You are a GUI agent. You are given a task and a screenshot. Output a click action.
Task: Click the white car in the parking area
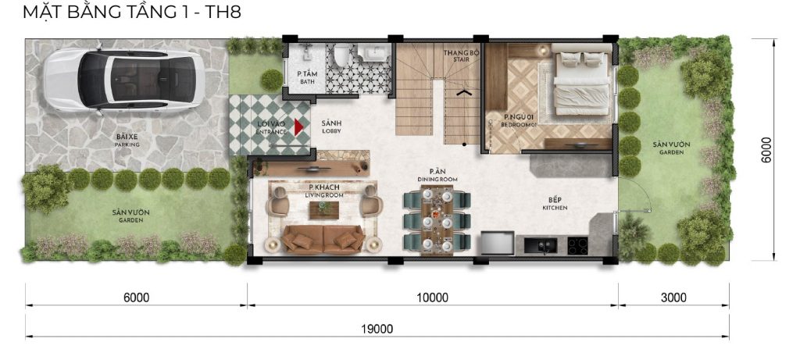(x=124, y=80)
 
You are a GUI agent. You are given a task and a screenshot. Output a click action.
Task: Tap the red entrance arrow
(x=299, y=127)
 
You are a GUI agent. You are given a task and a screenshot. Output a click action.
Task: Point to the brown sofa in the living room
(x=323, y=239)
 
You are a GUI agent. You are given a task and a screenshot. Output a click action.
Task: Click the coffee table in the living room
(x=324, y=209)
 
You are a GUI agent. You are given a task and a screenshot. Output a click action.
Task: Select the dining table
(x=437, y=219)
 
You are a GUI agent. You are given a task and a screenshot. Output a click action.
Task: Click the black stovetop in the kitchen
(x=578, y=246)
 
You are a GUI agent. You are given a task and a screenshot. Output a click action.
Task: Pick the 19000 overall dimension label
(x=377, y=330)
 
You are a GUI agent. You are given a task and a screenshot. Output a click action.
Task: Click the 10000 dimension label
(x=431, y=298)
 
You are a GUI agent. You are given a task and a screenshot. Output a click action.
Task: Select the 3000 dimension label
(x=673, y=298)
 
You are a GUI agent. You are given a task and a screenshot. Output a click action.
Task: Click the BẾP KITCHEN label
(x=555, y=204)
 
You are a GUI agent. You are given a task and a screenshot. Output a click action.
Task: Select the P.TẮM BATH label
(x=307, y=77)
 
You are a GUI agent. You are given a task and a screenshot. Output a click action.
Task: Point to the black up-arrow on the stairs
(x=463, y=93)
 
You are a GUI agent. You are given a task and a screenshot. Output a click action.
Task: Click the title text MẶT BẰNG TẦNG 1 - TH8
(x=131, y=11)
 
